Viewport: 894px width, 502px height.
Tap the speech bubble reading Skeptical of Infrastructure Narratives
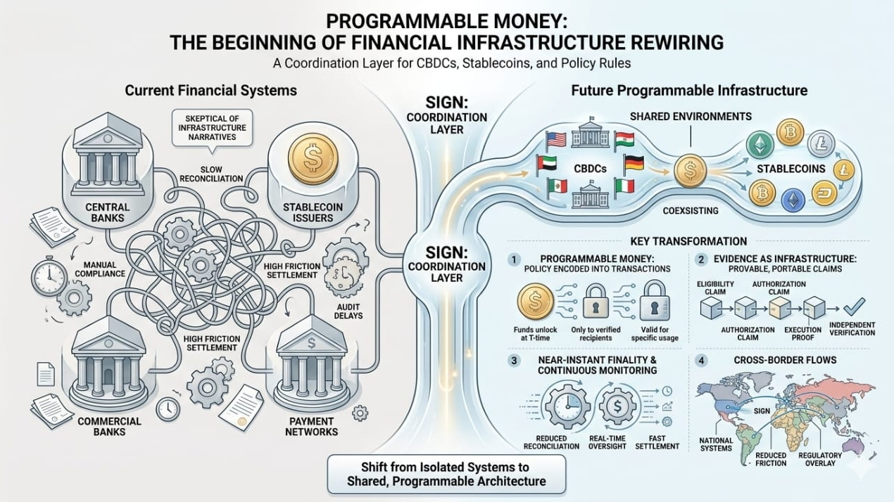(212, 127)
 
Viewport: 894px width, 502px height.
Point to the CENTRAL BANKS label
(107, 212)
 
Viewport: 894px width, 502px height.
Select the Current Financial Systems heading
(210, 91)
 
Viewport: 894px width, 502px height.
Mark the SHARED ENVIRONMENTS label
(691, 116)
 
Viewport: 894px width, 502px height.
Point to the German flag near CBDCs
(634, 165)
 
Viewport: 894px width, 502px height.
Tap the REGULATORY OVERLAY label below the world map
(820, 459)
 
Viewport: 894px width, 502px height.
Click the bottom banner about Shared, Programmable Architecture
(446, 475)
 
